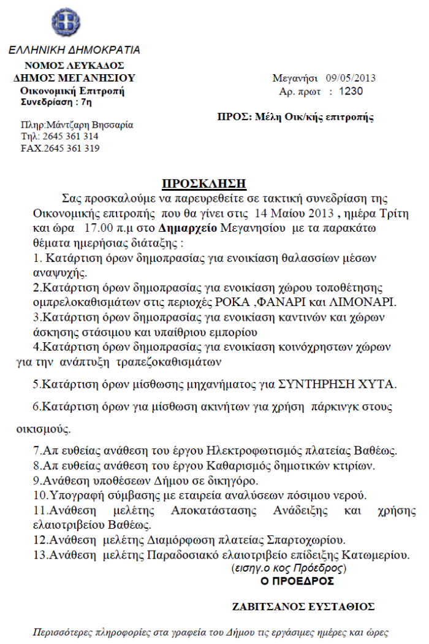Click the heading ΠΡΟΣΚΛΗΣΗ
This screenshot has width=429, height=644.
point(203,183)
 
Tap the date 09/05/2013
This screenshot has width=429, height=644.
point(351,79)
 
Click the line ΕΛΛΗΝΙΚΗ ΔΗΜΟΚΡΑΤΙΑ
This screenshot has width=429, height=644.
point(74,50)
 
